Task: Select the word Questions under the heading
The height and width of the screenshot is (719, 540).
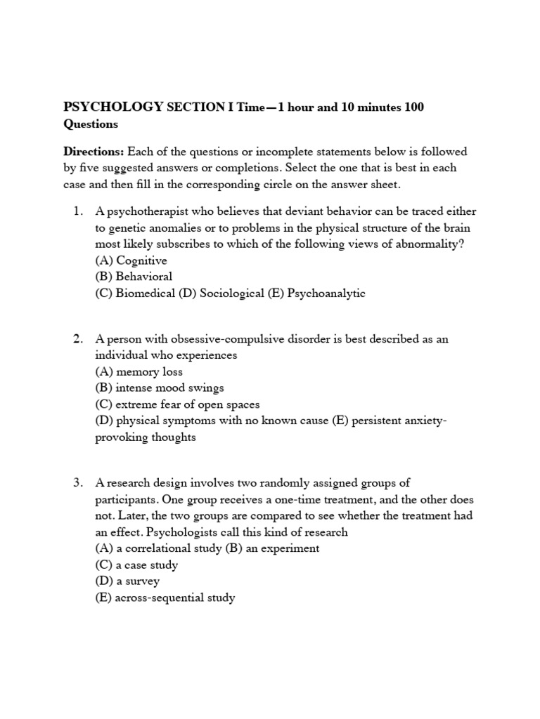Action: coord(91,124)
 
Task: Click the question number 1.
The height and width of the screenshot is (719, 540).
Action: coord(77,211)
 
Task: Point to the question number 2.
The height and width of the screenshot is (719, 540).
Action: coord(77,339)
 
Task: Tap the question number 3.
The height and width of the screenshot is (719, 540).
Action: coord(77,482)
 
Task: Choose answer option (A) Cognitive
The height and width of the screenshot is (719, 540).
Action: coord(131,260)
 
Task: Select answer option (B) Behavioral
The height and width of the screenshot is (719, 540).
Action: coord(134,277)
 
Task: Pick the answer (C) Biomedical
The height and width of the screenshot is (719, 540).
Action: coord(136,293)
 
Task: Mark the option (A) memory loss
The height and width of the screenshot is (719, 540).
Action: coord(139,372)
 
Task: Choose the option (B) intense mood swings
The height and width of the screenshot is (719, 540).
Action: coord(160,388)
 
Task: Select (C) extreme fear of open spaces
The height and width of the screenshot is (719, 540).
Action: coord(177,404)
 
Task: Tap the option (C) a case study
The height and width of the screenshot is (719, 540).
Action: coord(136,565)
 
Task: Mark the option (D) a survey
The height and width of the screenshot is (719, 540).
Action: coord(127,581)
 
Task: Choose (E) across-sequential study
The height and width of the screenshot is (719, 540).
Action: coord(165,598)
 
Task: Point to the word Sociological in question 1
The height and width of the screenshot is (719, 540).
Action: coord(231,293)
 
